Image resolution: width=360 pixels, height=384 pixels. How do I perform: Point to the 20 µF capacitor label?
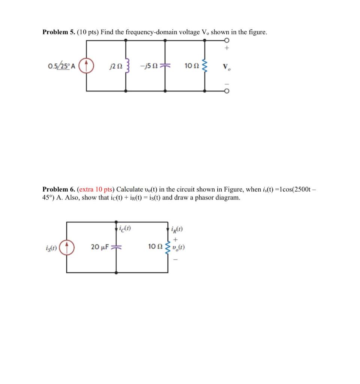(100, 247)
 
